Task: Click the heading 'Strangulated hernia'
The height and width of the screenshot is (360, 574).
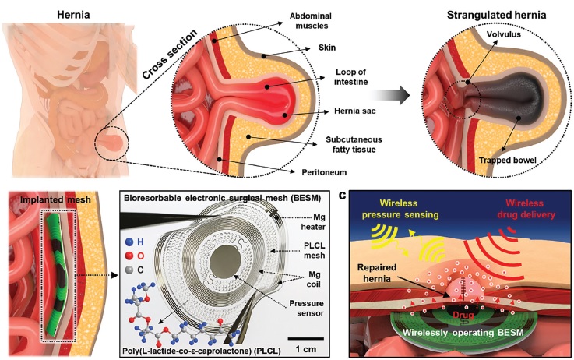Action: point(496,15)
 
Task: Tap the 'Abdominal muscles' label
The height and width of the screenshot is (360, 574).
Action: point(311,21)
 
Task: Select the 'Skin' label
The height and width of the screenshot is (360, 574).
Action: point(327,48)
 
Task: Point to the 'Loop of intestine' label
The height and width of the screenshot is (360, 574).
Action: point(350,77)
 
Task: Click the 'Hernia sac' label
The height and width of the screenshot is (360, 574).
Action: point(354,111)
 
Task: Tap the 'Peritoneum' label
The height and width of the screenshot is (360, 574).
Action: point(324,172)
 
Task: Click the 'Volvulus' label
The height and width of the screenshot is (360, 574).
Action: point(503,34)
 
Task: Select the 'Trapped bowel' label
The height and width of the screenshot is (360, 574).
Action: point(507,160)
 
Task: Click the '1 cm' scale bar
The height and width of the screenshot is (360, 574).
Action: point(305,339)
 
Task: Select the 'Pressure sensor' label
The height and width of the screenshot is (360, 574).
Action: point(306,309)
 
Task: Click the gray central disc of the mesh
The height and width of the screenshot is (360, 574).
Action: point(226,262)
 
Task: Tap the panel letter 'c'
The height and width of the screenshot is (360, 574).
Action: point(342,196)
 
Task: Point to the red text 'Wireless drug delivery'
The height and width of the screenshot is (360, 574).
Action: point(526,209)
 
